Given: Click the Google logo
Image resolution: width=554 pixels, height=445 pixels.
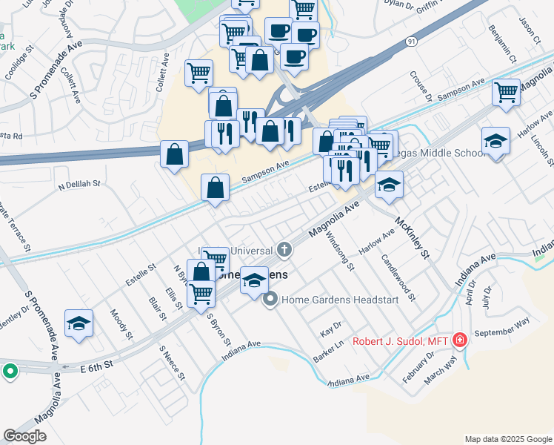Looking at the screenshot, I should pyautogui.click(x=24, y=436).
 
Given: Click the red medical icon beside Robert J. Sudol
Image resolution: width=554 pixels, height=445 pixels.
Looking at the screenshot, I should pyautogui.click(x=460, y=340).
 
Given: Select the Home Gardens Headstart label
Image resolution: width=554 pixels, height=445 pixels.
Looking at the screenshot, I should pyautogui.click(x=340, y=300).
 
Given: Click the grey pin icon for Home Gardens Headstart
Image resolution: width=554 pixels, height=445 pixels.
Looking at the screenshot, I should pyautogui.click(x=270, y=300).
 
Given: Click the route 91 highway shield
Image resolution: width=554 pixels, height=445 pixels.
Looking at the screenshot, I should pyautogui.click(x=411, y=43).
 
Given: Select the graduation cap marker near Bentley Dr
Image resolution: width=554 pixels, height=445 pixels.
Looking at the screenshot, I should pyautogui.click(x=79, y=323).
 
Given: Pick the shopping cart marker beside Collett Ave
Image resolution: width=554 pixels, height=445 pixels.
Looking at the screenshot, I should pyautogui.click(x=198, y=73).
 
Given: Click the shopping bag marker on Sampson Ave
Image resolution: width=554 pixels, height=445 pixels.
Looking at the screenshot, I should pyautogui.click(x=215, y=187).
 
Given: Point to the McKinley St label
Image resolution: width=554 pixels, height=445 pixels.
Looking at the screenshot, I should pyautogui.click(x=413, y=237).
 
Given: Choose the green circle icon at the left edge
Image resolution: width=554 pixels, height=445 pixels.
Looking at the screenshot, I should pyautogui.click(x=10, y=371).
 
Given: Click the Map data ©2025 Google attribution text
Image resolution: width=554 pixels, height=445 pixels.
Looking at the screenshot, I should pyautogui.click(x=507, y=439).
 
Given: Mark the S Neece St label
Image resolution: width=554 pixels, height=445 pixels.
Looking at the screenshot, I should pyautogui.click(x=172, y=363).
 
